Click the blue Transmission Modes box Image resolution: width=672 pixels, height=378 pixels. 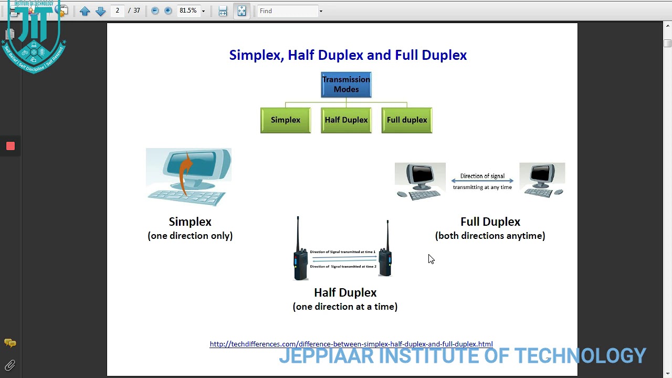[x=346, y=85]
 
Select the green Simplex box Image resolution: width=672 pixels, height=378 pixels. [x=286, y=120]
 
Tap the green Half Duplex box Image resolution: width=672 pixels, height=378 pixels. [x=346, y=120]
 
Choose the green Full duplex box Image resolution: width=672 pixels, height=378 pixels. [x=407, y=120]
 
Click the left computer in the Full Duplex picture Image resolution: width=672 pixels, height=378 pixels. [x=420, y=181]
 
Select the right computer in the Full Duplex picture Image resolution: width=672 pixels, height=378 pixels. [x=542, y=180]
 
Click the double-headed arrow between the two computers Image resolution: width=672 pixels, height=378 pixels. [x=482, y=181]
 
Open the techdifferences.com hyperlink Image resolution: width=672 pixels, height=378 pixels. [x=351, y=344]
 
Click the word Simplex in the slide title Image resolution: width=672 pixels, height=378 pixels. [x=257, y=55]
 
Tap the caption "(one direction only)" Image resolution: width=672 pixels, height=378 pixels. [x=190, y=236]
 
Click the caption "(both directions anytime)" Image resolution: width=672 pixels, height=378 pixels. [x=490, y=236]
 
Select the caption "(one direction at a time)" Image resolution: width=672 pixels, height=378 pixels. [x=345, y=307]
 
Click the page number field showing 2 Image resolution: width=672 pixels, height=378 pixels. [x=118, y=10]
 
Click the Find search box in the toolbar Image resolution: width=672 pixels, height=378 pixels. [x=288, y=11]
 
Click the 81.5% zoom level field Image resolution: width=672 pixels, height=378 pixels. [x=188, y=10]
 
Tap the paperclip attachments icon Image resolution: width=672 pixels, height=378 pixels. [x=10, y=365]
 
